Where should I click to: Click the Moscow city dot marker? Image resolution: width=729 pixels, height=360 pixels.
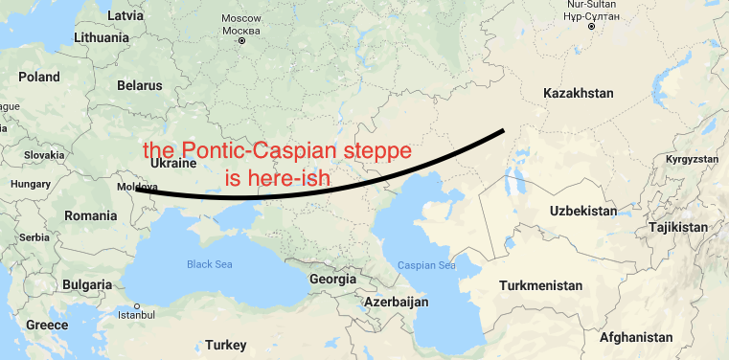point(241,41)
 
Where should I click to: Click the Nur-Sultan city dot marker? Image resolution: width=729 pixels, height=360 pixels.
point(591,27)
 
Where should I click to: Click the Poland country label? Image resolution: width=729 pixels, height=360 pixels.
point(38,77)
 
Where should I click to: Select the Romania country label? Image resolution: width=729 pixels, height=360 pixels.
point(89,216)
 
